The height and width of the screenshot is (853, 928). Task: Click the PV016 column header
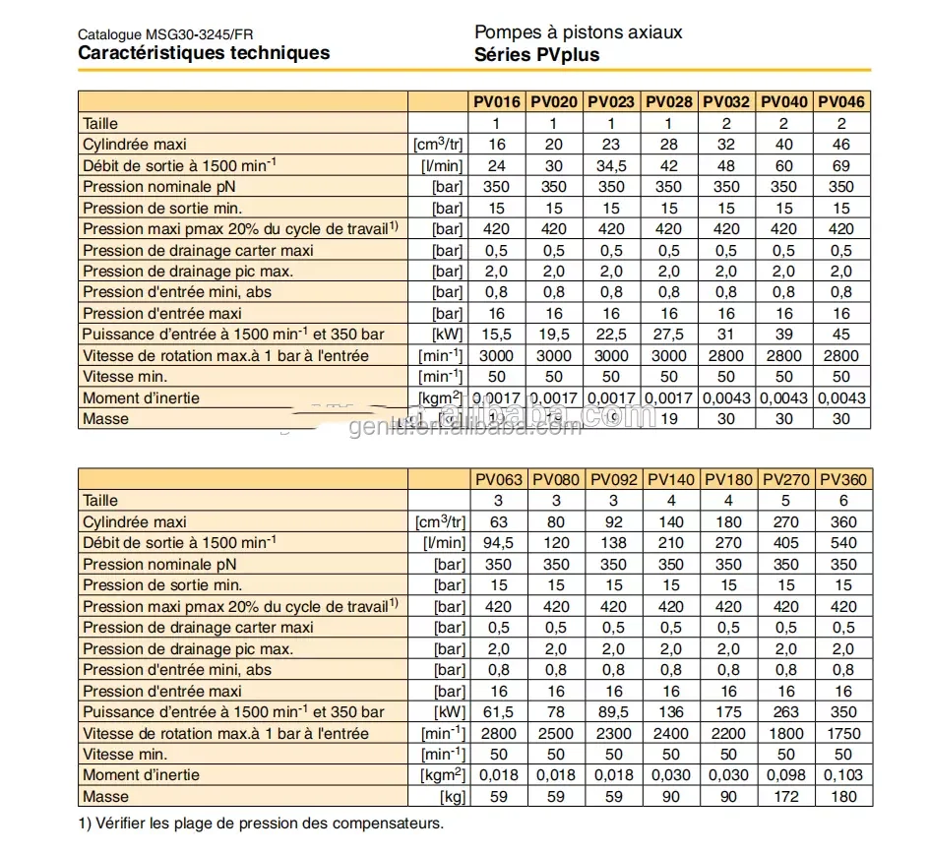[497, 101]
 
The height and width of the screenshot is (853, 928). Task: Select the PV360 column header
[843, 480]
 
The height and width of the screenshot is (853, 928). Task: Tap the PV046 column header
[841, 101]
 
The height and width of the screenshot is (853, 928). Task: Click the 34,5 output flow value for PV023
[611, 165]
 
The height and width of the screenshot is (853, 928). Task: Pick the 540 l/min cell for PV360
[843, 543]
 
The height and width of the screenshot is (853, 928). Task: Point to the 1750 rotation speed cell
[843, 733]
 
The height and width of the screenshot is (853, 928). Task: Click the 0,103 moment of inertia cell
[843, 775]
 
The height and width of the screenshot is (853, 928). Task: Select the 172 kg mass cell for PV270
[786, 796]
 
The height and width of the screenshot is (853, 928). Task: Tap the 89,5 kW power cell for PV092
[613, 711]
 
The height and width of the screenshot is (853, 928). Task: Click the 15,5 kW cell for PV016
[497, 335]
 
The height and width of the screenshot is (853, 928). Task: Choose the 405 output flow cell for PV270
[786, 543]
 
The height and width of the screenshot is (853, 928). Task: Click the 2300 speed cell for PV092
[613, 733]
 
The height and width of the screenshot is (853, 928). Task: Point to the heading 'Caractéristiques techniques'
[204, 53]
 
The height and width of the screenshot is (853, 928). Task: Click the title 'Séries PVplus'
[536, 55]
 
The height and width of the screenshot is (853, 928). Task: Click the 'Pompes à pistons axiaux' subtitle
[578, 32]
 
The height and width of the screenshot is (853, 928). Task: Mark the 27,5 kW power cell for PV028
[668, 335]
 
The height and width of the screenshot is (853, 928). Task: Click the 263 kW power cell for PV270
[786, 711]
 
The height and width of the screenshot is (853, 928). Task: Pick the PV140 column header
[671, 480]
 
